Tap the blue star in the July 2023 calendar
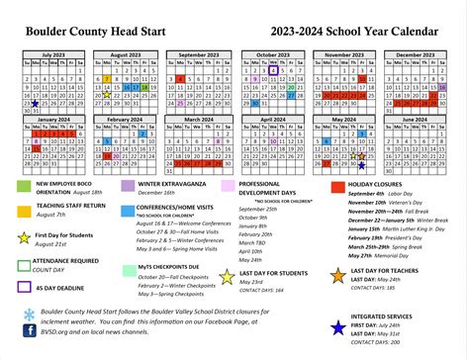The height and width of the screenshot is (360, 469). (36, 102)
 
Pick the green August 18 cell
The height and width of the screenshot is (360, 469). (144, 86)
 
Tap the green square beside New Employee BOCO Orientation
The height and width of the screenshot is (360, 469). (23, 186)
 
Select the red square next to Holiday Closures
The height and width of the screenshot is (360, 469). (337, 186)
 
